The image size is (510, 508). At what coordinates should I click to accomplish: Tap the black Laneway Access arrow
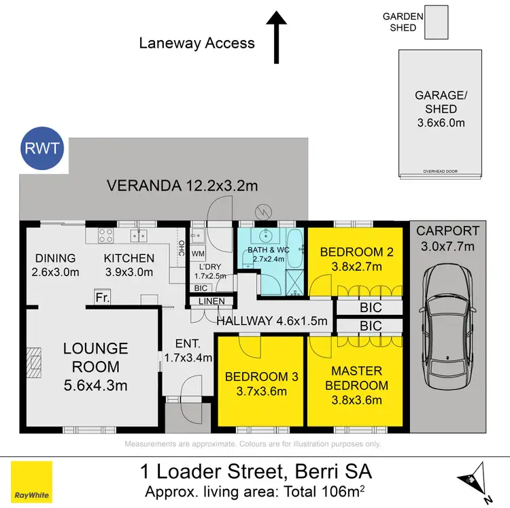277,38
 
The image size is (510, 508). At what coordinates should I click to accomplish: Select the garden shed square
436,22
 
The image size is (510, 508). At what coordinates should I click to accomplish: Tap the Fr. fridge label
103,298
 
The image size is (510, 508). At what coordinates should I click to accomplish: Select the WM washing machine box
199,254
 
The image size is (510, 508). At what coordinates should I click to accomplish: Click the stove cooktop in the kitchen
106,236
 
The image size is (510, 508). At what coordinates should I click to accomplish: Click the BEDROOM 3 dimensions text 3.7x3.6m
260,391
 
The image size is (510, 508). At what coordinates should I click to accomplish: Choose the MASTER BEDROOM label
356,378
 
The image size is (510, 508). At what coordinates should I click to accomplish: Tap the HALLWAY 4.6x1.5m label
272,321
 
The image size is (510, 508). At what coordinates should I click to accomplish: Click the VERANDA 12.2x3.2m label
177,186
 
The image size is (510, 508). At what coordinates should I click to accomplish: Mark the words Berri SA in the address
334,471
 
